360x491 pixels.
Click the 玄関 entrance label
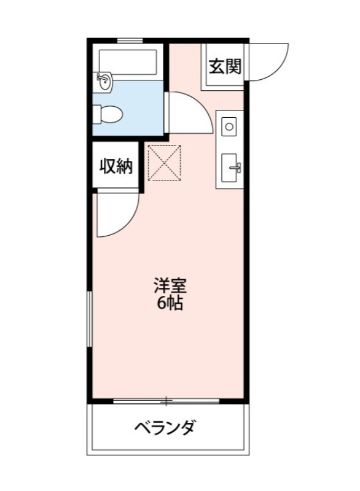225,67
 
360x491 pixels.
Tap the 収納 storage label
117,166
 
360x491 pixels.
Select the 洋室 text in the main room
169,285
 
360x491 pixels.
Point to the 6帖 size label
169,303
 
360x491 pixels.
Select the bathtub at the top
128,62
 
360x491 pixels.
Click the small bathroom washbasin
104,81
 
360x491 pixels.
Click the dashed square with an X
164,163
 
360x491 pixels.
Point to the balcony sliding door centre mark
166,401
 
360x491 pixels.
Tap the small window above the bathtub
130,41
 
